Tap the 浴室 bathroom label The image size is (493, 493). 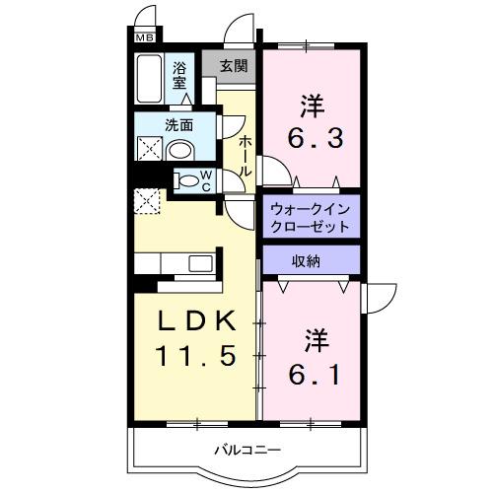click(x=179, y=76)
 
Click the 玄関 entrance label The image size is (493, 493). click(x=233, y=67)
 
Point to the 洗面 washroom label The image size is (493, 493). click(x=178, y=126)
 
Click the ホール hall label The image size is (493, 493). click(x=245, y=156)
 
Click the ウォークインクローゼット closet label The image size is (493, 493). click(x=310, y=216)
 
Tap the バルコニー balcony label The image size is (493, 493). click(x=248, y=451)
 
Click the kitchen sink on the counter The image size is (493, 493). click(x=200, y=263)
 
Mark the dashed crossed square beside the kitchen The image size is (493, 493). click(x=149, y=199)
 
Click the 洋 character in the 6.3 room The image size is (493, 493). click(x=312, y=103)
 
